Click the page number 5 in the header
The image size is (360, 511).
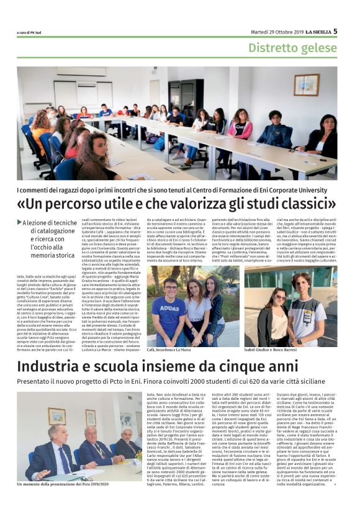(x=335, y=30)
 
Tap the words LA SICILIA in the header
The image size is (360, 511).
(x=313, y=31)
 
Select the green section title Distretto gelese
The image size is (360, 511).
(x=292, y=47)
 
